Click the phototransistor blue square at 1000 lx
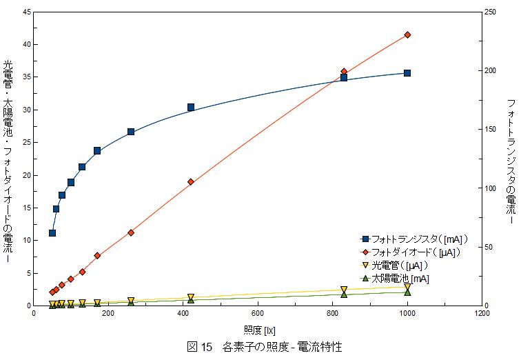tap(407, 72)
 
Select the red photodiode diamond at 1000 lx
tap(407, 34)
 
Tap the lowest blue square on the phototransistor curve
tap(52, 233)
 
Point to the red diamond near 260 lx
tap(131, 232)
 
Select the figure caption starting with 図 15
tap(265, 347)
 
